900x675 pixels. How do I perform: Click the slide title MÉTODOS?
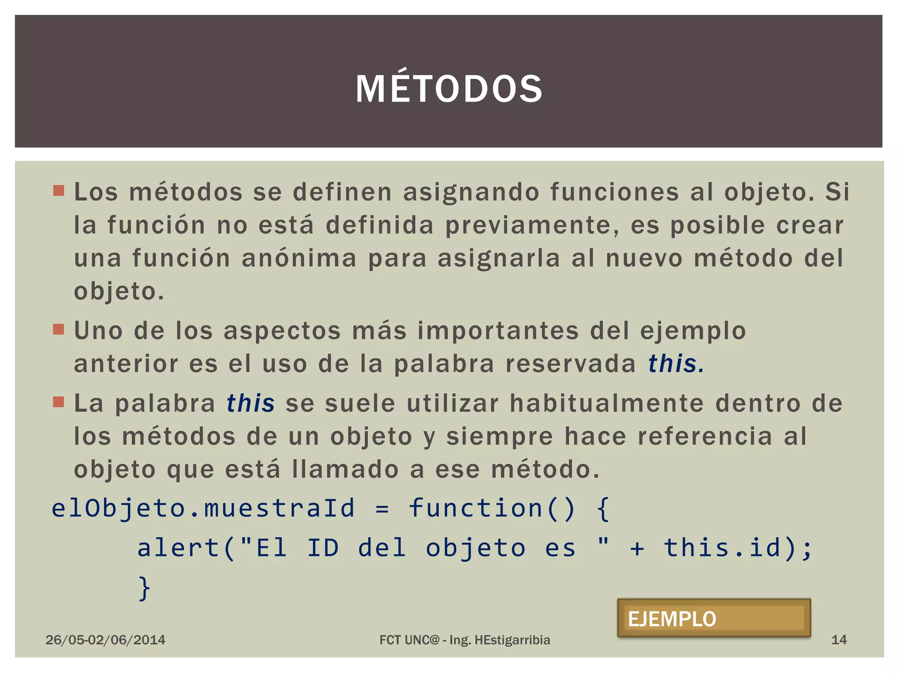coord(449,89)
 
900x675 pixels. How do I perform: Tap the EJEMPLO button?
coord(714,618)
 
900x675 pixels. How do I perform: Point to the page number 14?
coord(838,640)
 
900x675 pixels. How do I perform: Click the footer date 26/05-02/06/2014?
coord(105,640)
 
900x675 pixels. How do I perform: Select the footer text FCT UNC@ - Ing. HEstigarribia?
coord(465,640)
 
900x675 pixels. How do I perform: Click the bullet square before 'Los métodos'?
coord(58,191)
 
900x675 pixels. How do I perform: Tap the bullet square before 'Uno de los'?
coord(58,329)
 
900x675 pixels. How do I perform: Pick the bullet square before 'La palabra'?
coord(58,402)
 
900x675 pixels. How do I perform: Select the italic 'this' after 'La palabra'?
coord(250,403)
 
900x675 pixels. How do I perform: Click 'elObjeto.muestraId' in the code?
coord(203,509)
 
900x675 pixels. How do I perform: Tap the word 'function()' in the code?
coord(491,509)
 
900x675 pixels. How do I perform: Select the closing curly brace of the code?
coord(144,588)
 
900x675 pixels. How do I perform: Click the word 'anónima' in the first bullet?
coord(299,258)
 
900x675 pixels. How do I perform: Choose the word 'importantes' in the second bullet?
coord(498,331)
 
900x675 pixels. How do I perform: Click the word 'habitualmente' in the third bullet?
coord(607,403)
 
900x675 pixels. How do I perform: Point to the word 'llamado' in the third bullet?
coord(345,469)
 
